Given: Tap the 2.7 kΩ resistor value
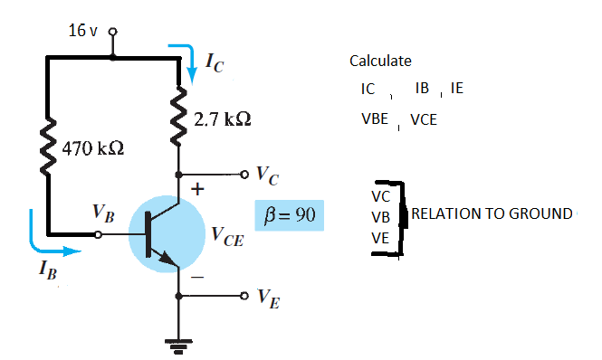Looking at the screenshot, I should point(222,118).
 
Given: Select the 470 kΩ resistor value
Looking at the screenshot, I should point(90,147).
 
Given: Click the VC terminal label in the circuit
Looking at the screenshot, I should point(265,174).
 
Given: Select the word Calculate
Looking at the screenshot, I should point(380,62).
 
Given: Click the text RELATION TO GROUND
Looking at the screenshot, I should point(492,214).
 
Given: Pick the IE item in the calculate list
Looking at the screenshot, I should point(456,90).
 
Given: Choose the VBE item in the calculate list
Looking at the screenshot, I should point(374,118).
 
